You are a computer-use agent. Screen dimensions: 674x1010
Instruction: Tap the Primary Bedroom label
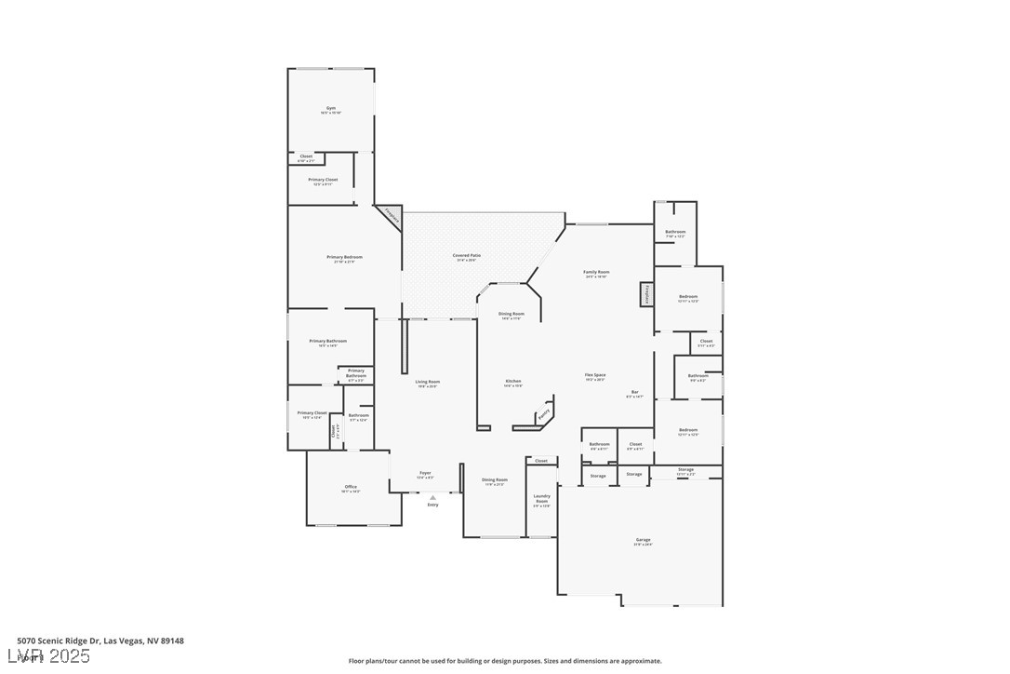344,258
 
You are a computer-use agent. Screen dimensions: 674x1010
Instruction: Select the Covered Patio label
467,256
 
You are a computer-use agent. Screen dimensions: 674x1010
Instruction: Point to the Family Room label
596,273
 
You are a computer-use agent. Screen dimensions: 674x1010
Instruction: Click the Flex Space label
595,376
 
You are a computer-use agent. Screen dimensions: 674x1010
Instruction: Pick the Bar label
635,393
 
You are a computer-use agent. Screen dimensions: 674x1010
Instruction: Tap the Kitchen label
513,382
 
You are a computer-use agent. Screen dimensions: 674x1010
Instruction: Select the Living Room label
427,383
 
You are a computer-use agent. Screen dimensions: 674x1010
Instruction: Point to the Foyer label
425,474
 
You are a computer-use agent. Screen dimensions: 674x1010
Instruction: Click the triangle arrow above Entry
432,497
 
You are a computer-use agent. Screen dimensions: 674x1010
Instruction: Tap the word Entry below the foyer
432,505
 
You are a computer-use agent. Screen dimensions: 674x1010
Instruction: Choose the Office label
351,487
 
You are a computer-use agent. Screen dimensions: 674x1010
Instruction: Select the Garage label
643,540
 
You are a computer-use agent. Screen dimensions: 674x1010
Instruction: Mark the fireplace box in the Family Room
645,294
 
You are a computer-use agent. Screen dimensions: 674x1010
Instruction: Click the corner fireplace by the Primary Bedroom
391,216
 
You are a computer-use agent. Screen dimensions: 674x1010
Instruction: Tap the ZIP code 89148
172,640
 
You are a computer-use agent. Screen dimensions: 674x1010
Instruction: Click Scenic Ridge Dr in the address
69,640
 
